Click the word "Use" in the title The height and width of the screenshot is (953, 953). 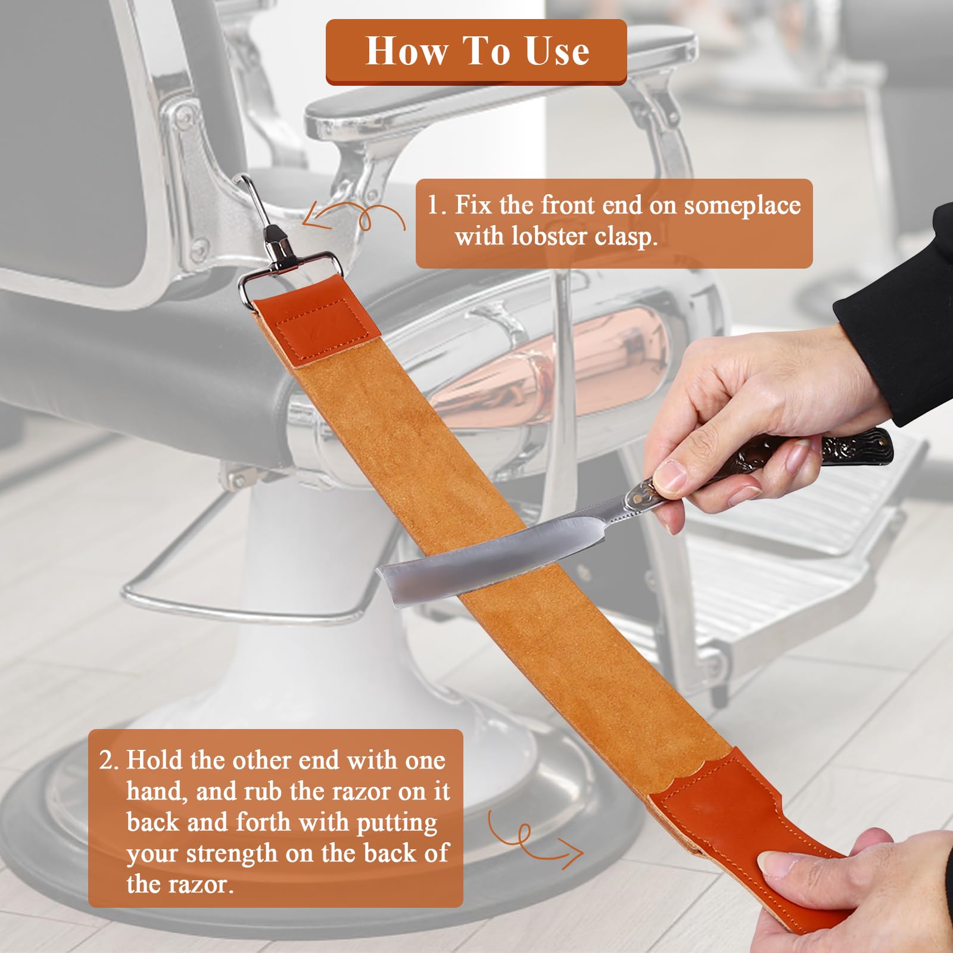(x=557, y=51)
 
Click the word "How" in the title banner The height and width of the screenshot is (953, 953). (x=406, y=51)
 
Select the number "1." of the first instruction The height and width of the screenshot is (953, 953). (x=437, y=205)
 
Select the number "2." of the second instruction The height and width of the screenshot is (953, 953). (x=110, y=761)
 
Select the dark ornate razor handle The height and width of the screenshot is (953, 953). (x=834, y=450)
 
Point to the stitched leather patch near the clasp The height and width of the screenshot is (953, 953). (x=328, y=328)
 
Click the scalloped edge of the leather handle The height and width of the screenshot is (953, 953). (x=691, y=774)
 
